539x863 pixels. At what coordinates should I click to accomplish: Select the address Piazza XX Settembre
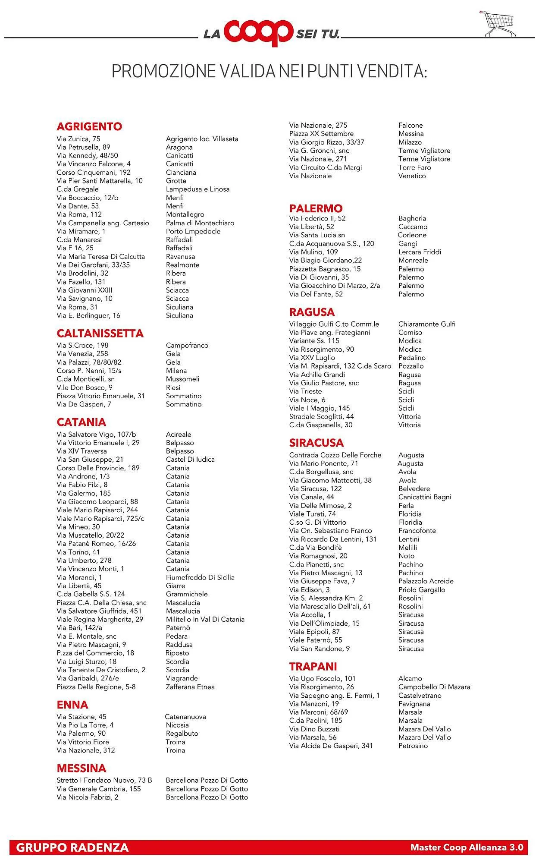(321, 134)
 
